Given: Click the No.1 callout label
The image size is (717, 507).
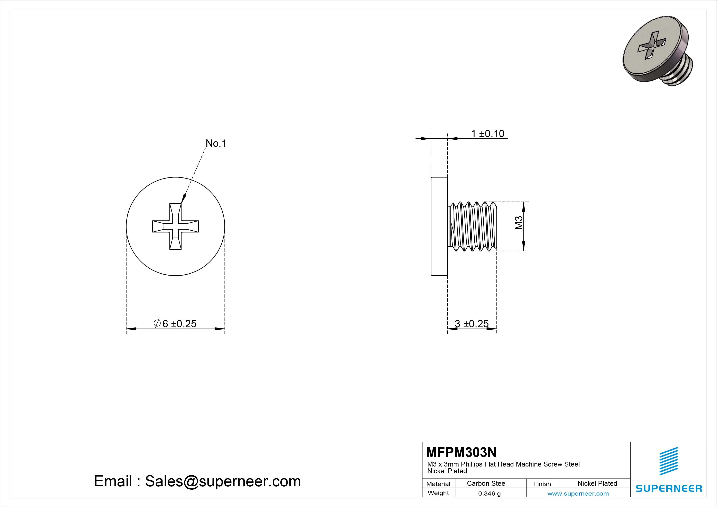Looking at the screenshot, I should (x=216, y=143).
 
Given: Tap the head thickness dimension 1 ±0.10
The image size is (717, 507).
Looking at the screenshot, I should (x=487, y=134).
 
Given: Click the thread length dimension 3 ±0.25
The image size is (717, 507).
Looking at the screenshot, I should (x=472, y=324).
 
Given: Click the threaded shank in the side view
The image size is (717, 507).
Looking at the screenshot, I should (x=472, y=227).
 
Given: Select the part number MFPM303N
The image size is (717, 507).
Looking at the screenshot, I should (x=461, y=452).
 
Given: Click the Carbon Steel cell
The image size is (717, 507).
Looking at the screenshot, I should (x=486, y=483).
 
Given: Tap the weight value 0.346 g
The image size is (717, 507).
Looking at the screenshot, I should (x=489, y=494).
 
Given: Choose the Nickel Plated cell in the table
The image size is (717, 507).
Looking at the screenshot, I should (x=597, y=483).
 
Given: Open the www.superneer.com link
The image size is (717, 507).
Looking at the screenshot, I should (x=578, y=494).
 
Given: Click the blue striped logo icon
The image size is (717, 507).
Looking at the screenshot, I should (x=669, y=461).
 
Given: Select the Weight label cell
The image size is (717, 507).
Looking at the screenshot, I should (x=438, y=493).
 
